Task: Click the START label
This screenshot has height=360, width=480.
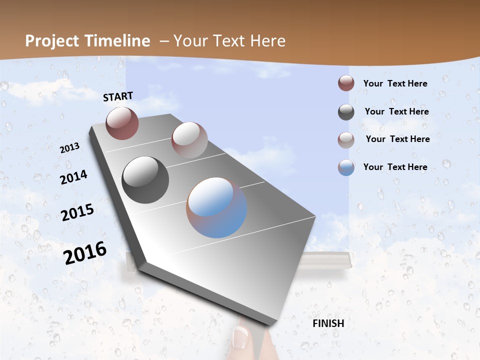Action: [118, 96]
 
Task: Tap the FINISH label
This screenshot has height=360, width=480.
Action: [328, 323]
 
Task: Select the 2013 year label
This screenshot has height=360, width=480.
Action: [70, 147]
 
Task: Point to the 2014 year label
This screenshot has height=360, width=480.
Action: [73, 177]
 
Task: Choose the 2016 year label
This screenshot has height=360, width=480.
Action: [85, 252]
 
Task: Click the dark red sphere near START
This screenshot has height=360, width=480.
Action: [122, 123]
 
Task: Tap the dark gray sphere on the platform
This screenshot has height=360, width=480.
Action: [145, 180]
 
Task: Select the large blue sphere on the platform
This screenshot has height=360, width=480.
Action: [216, 207]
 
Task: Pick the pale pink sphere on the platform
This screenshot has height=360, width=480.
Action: [189, 139]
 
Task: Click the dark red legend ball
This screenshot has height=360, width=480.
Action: [346, 83]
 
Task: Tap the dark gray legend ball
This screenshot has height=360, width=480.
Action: [346, 112]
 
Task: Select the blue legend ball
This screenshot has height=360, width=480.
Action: [346, 167]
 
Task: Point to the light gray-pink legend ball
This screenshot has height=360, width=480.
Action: [346, 140]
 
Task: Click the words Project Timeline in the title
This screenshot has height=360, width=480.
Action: [87, 41]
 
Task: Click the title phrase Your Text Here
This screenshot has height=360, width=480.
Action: [229, 41]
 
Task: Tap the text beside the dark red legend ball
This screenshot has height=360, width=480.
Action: [395, 83]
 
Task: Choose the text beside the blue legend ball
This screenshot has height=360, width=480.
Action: [395, 167]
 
